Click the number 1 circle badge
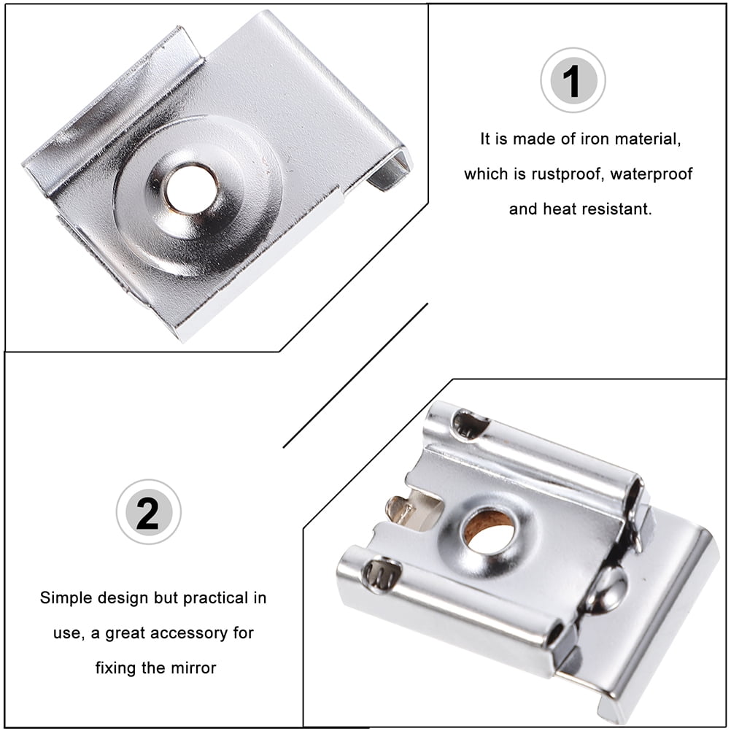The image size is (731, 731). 573,80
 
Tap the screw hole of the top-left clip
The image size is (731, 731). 191,188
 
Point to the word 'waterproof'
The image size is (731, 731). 651,174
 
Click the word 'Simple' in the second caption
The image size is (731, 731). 66,598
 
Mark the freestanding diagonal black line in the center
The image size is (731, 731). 355,375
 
